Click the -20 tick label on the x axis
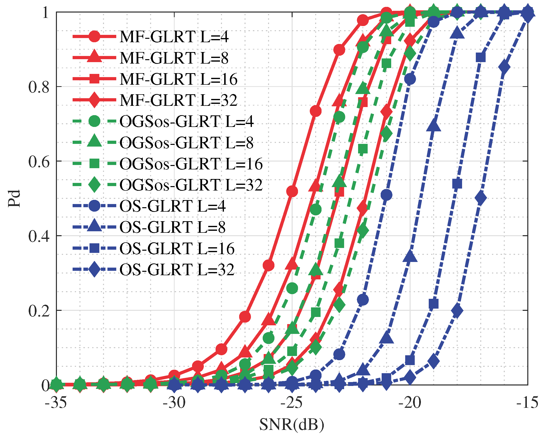410,403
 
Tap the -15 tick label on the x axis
527,403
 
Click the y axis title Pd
14,199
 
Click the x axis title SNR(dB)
292,424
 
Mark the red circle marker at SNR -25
292,192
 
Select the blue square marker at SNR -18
457,184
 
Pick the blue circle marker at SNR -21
386,195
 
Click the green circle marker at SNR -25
292,288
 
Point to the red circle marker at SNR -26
269,265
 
